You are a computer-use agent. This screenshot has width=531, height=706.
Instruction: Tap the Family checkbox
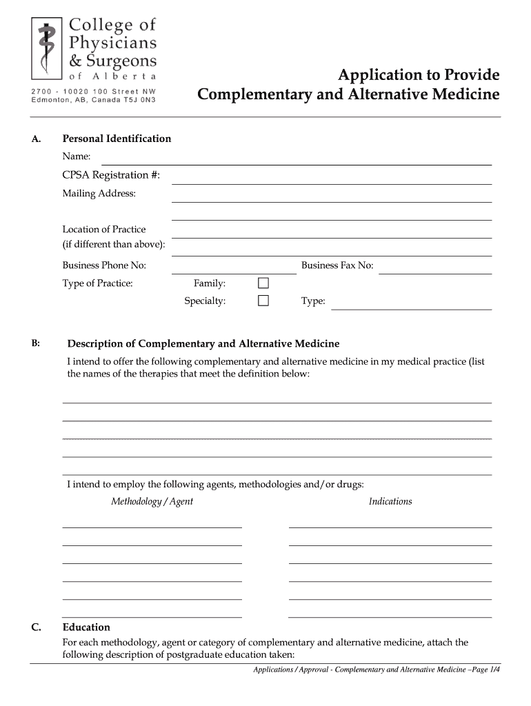(x=263, y=283)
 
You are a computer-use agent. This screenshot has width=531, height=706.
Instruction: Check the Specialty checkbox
(x=263, y=301)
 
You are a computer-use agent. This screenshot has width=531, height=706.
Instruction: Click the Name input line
(x=297, y=163)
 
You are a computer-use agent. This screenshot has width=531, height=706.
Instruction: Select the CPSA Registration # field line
(x=331, y=183)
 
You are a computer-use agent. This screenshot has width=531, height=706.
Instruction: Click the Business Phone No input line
(x=234, y=272)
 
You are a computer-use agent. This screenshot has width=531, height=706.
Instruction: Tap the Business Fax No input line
(x=436, y=272)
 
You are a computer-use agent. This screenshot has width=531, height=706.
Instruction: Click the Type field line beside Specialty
(x=411, y=308)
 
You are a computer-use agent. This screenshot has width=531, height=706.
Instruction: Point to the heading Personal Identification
(x=117, y=139)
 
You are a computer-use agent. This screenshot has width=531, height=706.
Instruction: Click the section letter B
(x=35, y=343)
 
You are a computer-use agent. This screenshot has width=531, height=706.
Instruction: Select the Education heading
(x=86, y=627)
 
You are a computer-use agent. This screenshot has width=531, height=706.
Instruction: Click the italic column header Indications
(x=390, y=501)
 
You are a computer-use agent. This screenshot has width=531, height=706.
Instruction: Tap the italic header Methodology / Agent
(x=152, y=501)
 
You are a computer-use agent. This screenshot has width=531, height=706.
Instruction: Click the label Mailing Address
(x=99, y=193)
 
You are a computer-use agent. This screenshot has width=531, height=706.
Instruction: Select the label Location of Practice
(x=104, y=229)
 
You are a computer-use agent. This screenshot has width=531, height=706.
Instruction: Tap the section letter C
(x=35, y=627)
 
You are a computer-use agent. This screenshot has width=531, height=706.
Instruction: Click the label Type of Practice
(x=98, y=283)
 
